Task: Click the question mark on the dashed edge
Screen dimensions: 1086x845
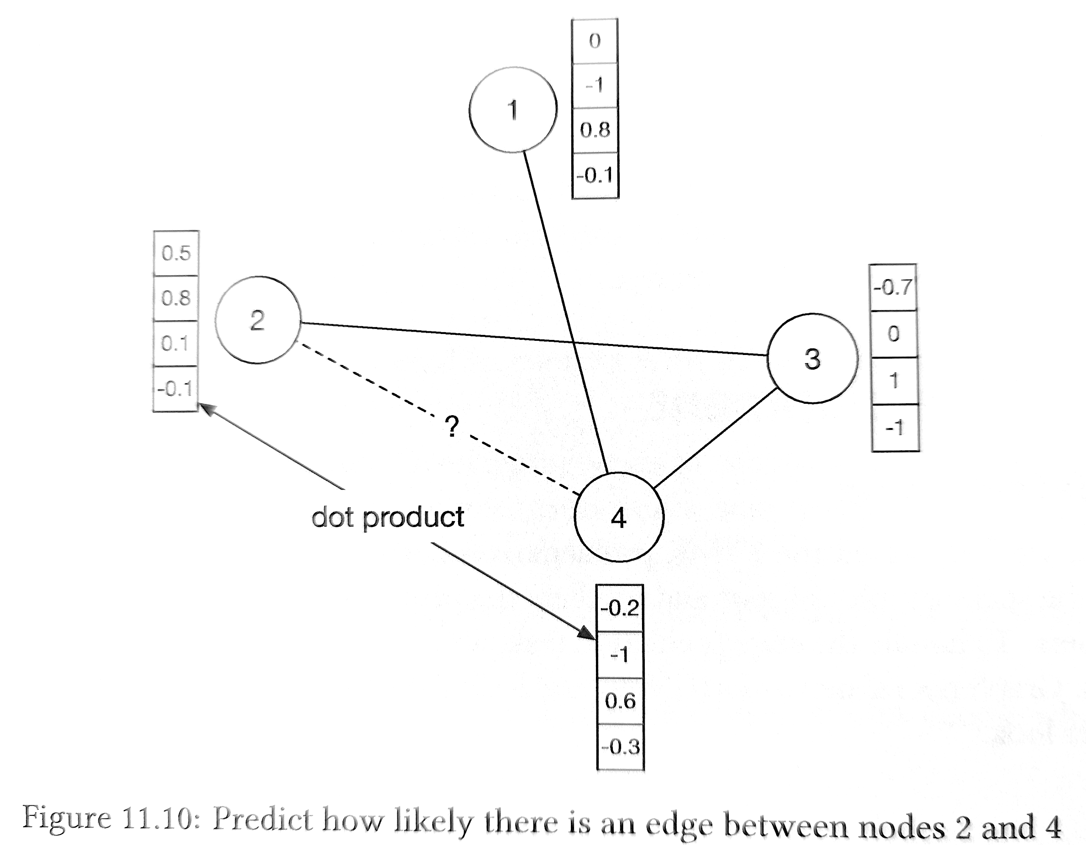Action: click(451, 426)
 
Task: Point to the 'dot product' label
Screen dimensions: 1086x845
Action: click(387, 518)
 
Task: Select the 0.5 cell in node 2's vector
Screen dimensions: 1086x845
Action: click(176, 253)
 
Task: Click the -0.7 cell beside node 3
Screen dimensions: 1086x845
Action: click(893, 287)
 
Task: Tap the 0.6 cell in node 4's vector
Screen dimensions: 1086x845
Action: click(620, 701)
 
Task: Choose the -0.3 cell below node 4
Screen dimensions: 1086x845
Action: click(621, 747)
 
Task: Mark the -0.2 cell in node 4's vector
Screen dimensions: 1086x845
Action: click(620, 608)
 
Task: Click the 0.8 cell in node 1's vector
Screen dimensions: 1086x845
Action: click(595, 130)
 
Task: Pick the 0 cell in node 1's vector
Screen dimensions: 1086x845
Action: click(595, 41)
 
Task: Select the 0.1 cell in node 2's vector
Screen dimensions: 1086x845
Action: click(176, 344)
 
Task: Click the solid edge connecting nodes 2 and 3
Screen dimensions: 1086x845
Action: click(534, 339)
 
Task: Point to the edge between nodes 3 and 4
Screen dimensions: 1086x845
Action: click(715, 438)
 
